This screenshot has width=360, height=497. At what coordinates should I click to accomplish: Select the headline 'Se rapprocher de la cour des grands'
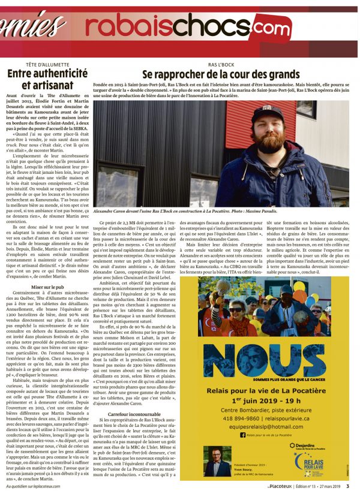tap(220, 75)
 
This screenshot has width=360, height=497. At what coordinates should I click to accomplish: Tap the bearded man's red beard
tap(269, 142)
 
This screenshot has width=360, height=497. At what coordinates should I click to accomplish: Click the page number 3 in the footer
tap(348, 487)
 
